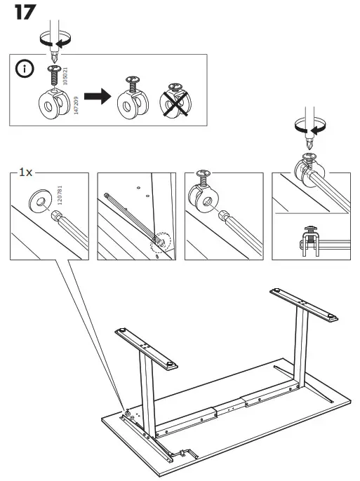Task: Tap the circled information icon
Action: point(25,71)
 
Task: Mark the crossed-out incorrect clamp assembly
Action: point(175,102)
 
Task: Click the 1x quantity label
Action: point(25,172)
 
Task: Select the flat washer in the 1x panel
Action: point(40,200)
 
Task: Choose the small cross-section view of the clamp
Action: point(309,238)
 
